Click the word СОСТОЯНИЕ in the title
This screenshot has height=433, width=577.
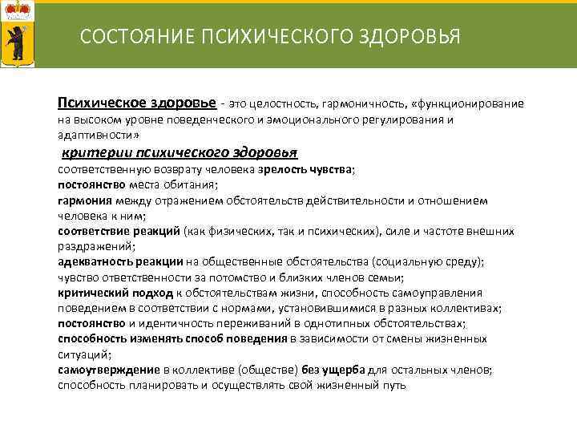[127, 37]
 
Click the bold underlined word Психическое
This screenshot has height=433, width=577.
[96, 103]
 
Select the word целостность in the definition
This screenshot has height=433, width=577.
[283, 104]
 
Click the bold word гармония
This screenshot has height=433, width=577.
[84, 200]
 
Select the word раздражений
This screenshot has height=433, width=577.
[95, 246]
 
